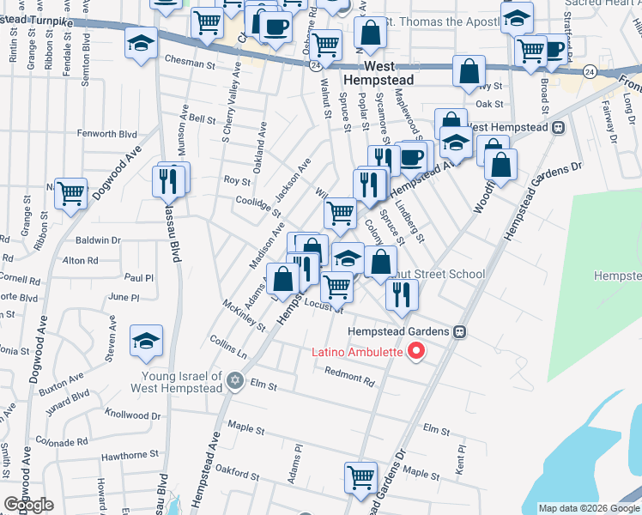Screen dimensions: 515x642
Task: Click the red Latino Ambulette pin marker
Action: click(x=417, y=351)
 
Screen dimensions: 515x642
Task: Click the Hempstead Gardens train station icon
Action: click(x=460, y=331)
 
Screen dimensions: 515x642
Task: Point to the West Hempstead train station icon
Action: click(x=559, y=127)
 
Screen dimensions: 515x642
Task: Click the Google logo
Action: click(x=28, y=504)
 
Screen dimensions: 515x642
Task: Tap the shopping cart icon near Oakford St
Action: click(x=360, y=476)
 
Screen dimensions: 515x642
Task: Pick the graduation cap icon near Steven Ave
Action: click(x=146, y=340)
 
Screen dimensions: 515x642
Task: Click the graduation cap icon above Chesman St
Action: click(x=140, y=42)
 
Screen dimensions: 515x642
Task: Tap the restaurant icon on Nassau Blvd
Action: click(x=169, y=180)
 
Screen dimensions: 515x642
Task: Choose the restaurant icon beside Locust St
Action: click(x=402, y=294)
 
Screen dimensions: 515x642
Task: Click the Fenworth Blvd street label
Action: click(x=107, y=134)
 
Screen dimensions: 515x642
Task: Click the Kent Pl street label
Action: click(x=461, y=457)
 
